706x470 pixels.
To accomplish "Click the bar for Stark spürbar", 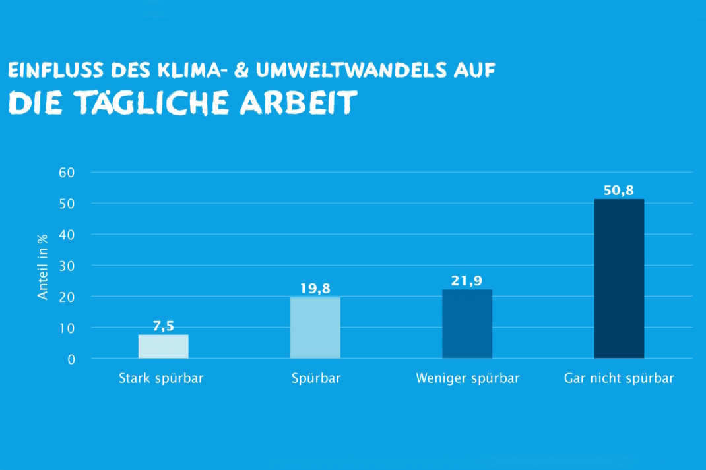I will (x=163, y=346).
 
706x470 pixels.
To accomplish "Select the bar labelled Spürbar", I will (x=315, y=328).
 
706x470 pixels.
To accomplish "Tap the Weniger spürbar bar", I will (x=467, y=324).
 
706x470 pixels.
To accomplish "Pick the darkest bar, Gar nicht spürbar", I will (x=619, y=279).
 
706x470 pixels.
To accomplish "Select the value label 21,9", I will (x=467, y=280).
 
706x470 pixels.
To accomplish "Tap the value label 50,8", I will (x=619, y=191).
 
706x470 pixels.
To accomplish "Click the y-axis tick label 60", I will (x=68, y=173).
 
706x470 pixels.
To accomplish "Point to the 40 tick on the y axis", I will (x=68, y=235).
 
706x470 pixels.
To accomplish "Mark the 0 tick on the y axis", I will (x=71, y=359).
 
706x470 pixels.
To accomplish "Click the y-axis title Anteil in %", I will (x=43, y=266).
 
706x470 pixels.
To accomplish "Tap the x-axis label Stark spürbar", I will (x=161, y=379).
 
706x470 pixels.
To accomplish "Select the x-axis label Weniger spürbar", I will (x=468, y=379).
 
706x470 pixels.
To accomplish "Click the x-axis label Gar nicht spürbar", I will (x=619, y=379).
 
